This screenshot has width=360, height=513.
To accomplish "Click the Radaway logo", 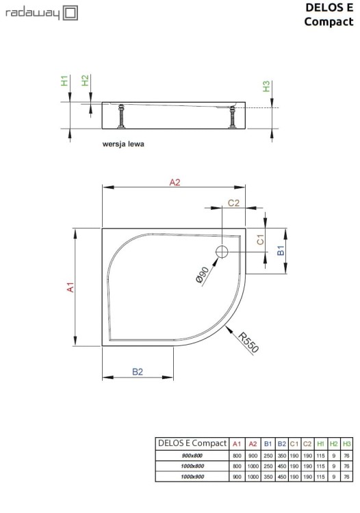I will tap(41, 12).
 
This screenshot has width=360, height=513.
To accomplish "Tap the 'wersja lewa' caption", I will tap(123, 144).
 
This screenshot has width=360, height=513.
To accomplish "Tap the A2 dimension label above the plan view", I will tap(174, 182).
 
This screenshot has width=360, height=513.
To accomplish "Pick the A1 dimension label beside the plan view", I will tap(69, 288).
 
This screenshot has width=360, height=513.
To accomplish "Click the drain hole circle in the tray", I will tap(222, 252).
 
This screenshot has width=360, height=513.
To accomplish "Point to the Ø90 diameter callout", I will tap(202, 275).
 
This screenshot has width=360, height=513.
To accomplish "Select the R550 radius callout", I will tap(249, 341).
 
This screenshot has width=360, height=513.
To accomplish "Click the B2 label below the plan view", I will tap(137, 371).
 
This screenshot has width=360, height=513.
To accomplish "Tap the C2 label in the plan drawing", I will tap(233, 202).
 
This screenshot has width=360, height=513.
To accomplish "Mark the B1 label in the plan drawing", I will tap(280, 251).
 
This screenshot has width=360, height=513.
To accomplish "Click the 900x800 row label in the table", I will tap(192, 456).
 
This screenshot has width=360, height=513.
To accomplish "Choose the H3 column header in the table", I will tap(347, 444).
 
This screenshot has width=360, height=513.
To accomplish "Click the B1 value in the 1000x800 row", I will tap(268, 466).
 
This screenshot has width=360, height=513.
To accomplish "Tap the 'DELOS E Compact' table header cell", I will tap(192, 443).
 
